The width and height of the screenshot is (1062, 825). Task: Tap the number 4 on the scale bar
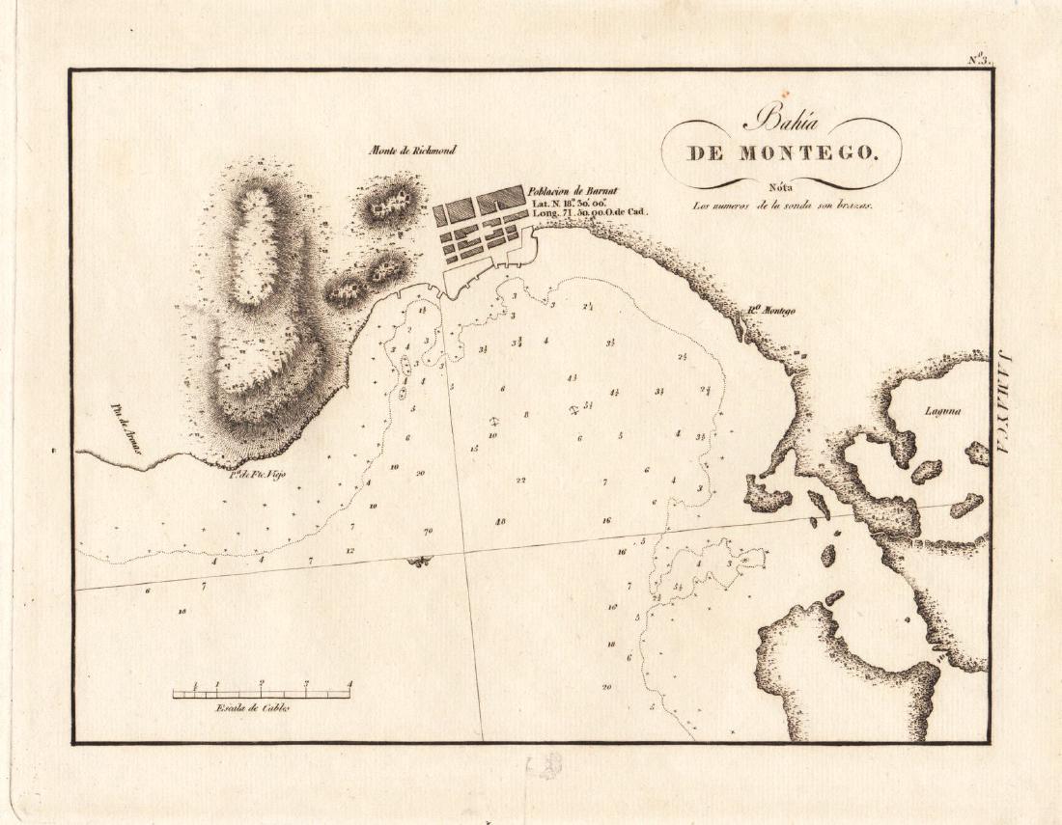349,684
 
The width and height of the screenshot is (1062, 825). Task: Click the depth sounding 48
500,521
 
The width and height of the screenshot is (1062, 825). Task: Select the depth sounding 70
427,532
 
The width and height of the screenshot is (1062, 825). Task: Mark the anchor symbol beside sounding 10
493,423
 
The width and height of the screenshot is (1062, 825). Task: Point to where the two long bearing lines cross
464,552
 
